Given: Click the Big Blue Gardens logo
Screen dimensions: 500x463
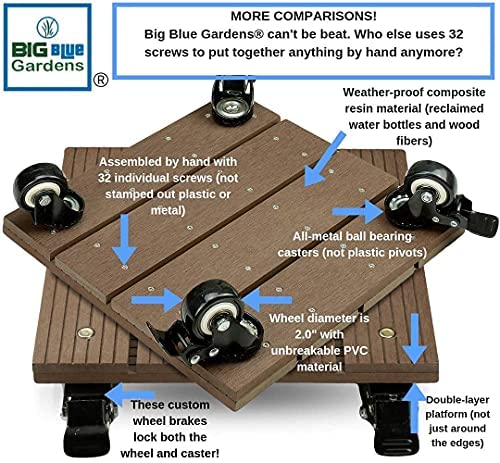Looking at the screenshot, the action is tap(47, 47).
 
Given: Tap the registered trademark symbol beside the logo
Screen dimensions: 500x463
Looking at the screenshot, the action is tap(101, 80).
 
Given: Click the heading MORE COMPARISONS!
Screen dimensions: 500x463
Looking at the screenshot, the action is tap(304, 16).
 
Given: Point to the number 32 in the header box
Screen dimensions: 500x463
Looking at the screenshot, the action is tap(454, 34).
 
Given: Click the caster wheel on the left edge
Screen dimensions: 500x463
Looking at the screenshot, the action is tap(48, 196).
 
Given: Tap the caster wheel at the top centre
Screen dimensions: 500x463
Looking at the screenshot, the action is tap(233, 99).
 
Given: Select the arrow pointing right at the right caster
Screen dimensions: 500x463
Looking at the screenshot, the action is tap(359, 211).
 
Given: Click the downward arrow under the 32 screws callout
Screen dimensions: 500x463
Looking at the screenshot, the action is tap(125, 239).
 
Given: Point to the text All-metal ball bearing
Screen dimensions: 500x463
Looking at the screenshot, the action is tap(352, 236).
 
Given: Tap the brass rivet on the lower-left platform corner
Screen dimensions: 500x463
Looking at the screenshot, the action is tap(85, 332).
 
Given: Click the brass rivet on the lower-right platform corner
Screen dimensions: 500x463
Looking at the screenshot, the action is tap(387, 332).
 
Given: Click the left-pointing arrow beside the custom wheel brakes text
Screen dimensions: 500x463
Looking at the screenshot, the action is tap(130, 395).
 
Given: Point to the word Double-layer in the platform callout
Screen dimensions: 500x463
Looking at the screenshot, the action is tap(457, 400).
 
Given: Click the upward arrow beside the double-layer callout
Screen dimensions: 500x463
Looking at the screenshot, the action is tap(414, 408).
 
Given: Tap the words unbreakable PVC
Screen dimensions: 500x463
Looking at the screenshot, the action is tap(319, 351).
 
